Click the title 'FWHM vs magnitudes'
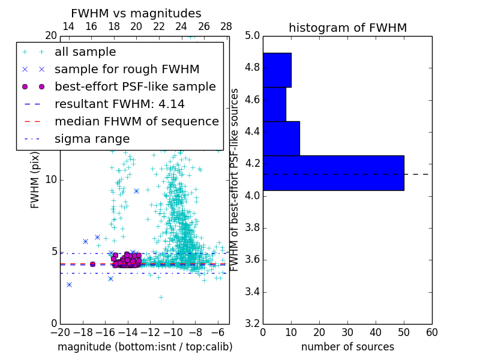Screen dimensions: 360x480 click(x=136, y=13)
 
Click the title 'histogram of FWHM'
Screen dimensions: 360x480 click(x=347, y=28)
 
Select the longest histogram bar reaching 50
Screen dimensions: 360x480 click(x=333, y=173)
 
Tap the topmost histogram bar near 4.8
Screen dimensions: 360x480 click(x=277, y=70)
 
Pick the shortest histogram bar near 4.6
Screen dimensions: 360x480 click(x=274, y=104)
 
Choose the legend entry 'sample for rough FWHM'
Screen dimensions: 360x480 click(x=127, y=70)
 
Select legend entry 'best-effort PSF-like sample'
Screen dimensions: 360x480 click(x=135, y=87)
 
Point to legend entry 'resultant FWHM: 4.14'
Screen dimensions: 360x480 click(x=119, y=104)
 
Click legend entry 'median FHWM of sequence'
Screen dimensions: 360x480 click(x=136, y=122)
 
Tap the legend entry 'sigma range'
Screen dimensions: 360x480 click(x=92, y=139)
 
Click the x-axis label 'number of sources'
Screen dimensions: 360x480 click(x=347, y=347)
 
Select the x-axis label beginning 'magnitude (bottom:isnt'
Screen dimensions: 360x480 click(x=145, y=347)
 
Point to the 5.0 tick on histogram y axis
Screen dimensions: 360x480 click(x=252, y=36)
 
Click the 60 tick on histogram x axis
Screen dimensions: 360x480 click(x=431, y=332)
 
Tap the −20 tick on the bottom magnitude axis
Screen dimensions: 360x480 click(x=60, y=332)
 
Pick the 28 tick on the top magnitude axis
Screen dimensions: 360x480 click(x=226, y=26)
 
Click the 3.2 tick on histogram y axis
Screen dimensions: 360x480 click(x=252, y=323)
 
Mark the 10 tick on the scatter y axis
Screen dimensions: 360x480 click(x=52, y=180)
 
